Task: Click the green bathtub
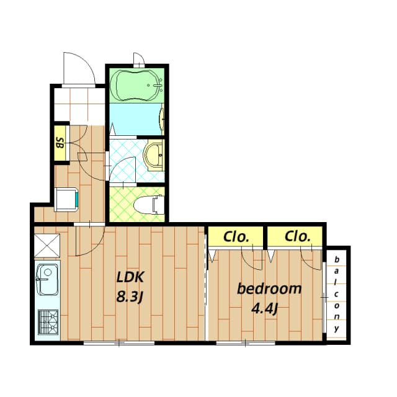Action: click(x=138, y=85)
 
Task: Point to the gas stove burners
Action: click(x=47, y=322)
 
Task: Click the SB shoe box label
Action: click(x=60, y=143)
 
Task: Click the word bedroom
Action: click(x=269, y=288)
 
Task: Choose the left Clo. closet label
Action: click(x=236, y=236)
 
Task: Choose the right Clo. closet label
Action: click(x=297, y=236)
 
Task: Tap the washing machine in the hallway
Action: click(x=66, y=198)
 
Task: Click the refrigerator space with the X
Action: click(x=47, y=244)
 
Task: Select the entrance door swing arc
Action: click(x=79, y=69)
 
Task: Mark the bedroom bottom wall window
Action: click(x=246, y=342)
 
